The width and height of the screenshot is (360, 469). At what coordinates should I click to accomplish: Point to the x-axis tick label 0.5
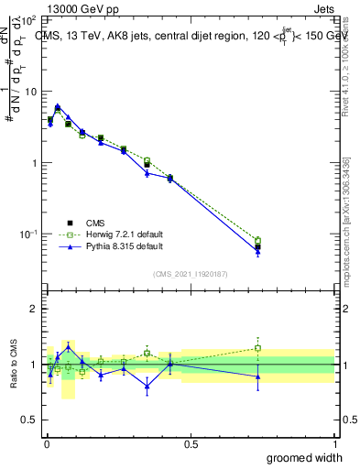[191, 443]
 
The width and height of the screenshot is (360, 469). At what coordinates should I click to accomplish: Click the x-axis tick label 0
[47, 443]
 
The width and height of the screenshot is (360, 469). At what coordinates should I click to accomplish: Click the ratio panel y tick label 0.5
[29, 420]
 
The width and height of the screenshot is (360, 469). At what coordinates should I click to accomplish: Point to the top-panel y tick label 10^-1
[28, 234]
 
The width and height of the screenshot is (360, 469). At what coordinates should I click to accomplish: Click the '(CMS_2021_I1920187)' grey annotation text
[191, 272]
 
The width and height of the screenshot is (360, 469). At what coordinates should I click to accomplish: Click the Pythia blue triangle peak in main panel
[58, 106]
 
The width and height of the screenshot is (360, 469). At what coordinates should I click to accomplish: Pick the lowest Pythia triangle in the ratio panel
[147, 386]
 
